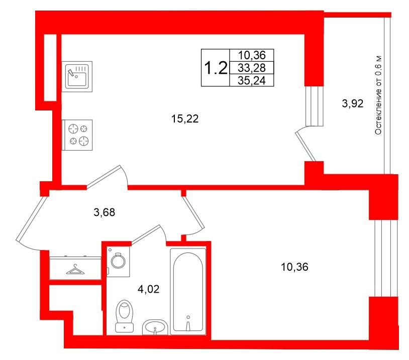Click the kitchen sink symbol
coord(77,76)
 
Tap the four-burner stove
coord(77,135)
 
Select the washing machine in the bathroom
coord(118,262)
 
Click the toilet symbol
coord(125,316)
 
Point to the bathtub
coord(188,291)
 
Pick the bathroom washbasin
coord(155,327)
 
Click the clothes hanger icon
coord(75,270)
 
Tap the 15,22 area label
coord(185,119)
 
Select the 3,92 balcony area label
coord(353,104)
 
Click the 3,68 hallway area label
coord(105,212)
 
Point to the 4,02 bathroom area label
coord(148,289)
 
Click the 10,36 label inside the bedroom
coord(294,267)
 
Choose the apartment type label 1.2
coord(216,68)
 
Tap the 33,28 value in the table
coord(252,68)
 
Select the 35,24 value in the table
coord(252,80)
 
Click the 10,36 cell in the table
coord(252,55)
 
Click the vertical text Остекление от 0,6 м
coord(378,95)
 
